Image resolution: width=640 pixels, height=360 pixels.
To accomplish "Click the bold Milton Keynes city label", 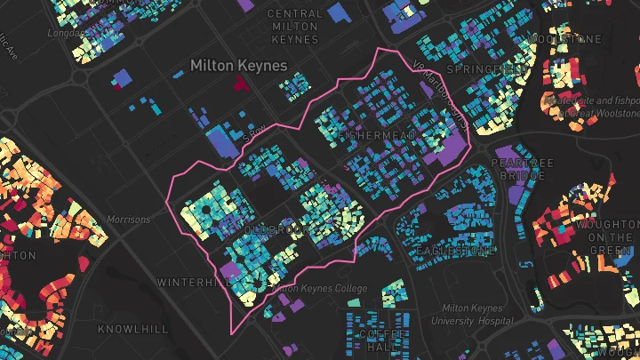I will tap(239, 66).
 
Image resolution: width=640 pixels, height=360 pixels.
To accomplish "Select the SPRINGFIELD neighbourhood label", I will tap(481, 69).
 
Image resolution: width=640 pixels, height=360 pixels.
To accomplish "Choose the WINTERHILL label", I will tap(193, 282).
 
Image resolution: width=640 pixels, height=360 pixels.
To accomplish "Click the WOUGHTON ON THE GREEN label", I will tap(609, 237).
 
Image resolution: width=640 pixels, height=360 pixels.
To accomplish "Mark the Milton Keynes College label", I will tap(318, 288).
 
